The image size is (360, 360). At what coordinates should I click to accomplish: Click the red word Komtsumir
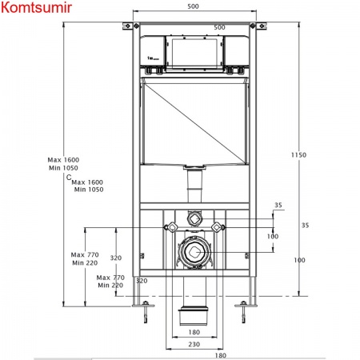point(36,7)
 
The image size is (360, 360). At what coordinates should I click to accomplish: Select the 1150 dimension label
point(298,154)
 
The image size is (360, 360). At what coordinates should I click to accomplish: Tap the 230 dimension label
point(194,344)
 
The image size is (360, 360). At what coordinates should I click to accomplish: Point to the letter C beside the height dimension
point(69,178)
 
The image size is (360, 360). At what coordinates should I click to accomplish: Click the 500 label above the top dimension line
point(193,6)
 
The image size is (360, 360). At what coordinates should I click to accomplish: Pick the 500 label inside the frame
point(219,27)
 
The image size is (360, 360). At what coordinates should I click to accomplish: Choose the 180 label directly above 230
point(194,332)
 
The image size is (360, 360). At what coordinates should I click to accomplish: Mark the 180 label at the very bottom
point(221,355)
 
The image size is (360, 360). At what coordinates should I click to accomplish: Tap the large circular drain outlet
point(194,252)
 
